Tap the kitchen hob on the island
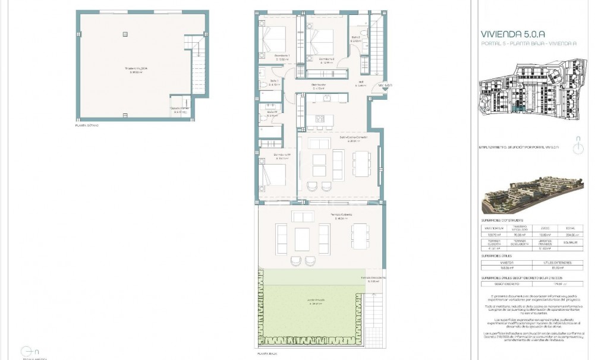(320, 117)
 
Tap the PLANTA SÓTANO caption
(87, 126)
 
